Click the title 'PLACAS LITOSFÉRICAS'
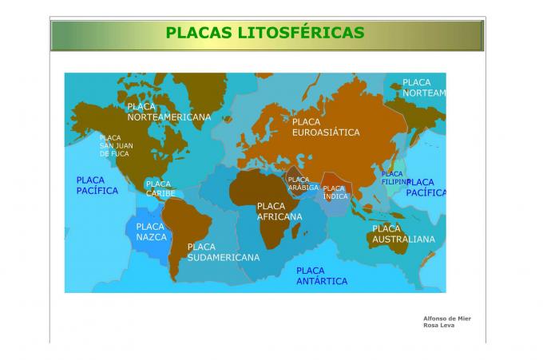(x=265, y=33)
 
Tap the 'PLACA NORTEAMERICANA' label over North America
(x=168, y=112)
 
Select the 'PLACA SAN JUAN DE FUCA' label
(x=116, y=145)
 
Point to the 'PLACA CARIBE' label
(x=160, y=188)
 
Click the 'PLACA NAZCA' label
(x=151, y=231)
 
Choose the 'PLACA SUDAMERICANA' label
(x=223, y=252)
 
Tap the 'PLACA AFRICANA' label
(x=279, y=212)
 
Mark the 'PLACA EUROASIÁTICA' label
(x=325, y=127)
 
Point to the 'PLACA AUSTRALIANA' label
(x=403, y=234)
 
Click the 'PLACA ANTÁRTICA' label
(x=322, y=276)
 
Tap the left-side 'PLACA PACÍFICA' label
(x=97, y=185)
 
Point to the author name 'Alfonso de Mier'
(x=446, y=318)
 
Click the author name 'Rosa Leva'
(x=437, y=326)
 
